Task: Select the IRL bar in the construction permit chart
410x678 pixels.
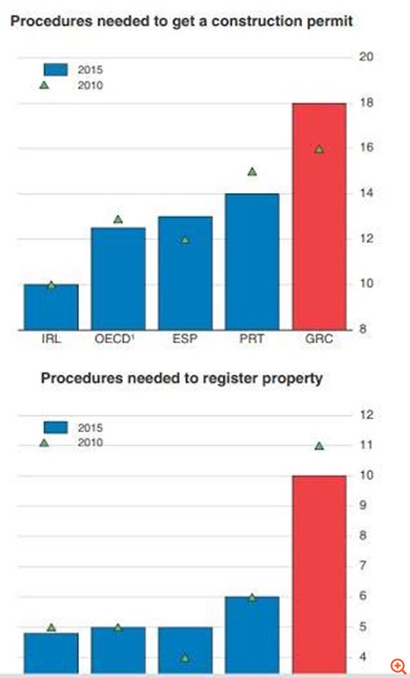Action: pyautogui.click(x=51, y=307)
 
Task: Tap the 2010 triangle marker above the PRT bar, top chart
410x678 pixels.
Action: pyautogui.click(x=252, y=171)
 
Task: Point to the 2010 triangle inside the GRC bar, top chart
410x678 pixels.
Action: pyautogui.click(x=319, y=149)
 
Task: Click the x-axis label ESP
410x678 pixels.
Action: pyautogui.click(x=185, y=339)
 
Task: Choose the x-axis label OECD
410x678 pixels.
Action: pyautogui.click(x=117, y=339)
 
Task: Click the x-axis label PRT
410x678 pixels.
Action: pyautogui.click(x=252, y=339)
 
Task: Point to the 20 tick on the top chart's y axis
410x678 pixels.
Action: pyautogui.click(x=366, y=56)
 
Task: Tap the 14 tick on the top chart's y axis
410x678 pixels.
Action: pyautogui.click(x=366, y=194)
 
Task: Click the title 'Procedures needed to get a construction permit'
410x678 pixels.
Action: pyautogui.click(x=181, y=22)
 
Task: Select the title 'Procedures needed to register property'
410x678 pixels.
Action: pyautogui.click(x=181, y=378)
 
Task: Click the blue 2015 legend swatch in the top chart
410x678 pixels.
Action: pyautogui.click(x=56, y=69)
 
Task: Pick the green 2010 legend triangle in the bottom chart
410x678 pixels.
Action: pyautogui.click(x=44, y=442)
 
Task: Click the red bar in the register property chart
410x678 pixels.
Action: pyautogui.click(x=319, y=575)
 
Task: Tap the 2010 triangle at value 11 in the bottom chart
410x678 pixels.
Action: pyautogui.click(x=319, y=446)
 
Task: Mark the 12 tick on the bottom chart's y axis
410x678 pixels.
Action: pyautogui.click(x=366, y=415)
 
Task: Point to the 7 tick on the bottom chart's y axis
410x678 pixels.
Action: pyautogui.click(x=366, y=566)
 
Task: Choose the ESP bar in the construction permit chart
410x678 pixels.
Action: pyautogui.click(x=185, y=273)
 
